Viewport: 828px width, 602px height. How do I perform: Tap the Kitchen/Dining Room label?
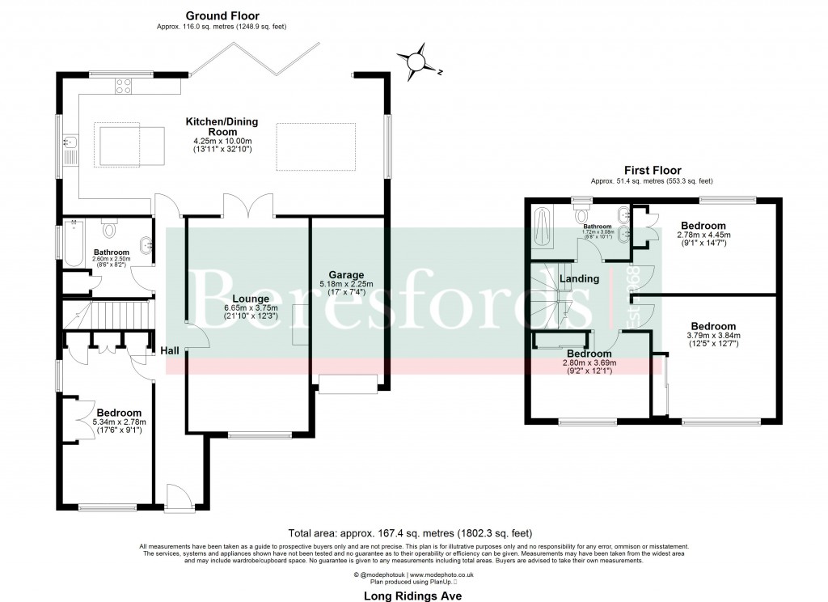tap(222, 127)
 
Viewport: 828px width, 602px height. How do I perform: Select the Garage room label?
tap(346, 274)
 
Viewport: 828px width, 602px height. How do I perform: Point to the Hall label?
tap(170, 350)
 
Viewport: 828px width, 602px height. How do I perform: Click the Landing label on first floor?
tap(579, 278)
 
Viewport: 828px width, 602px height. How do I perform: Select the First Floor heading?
tap(652, 171)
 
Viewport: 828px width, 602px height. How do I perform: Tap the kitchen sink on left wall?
tap(70, 146)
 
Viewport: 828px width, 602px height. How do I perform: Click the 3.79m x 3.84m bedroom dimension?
tap(713, 336)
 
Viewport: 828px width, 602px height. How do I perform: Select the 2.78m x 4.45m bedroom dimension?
tap(703, 235)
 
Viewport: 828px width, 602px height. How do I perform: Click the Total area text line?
tap(410, 533)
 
